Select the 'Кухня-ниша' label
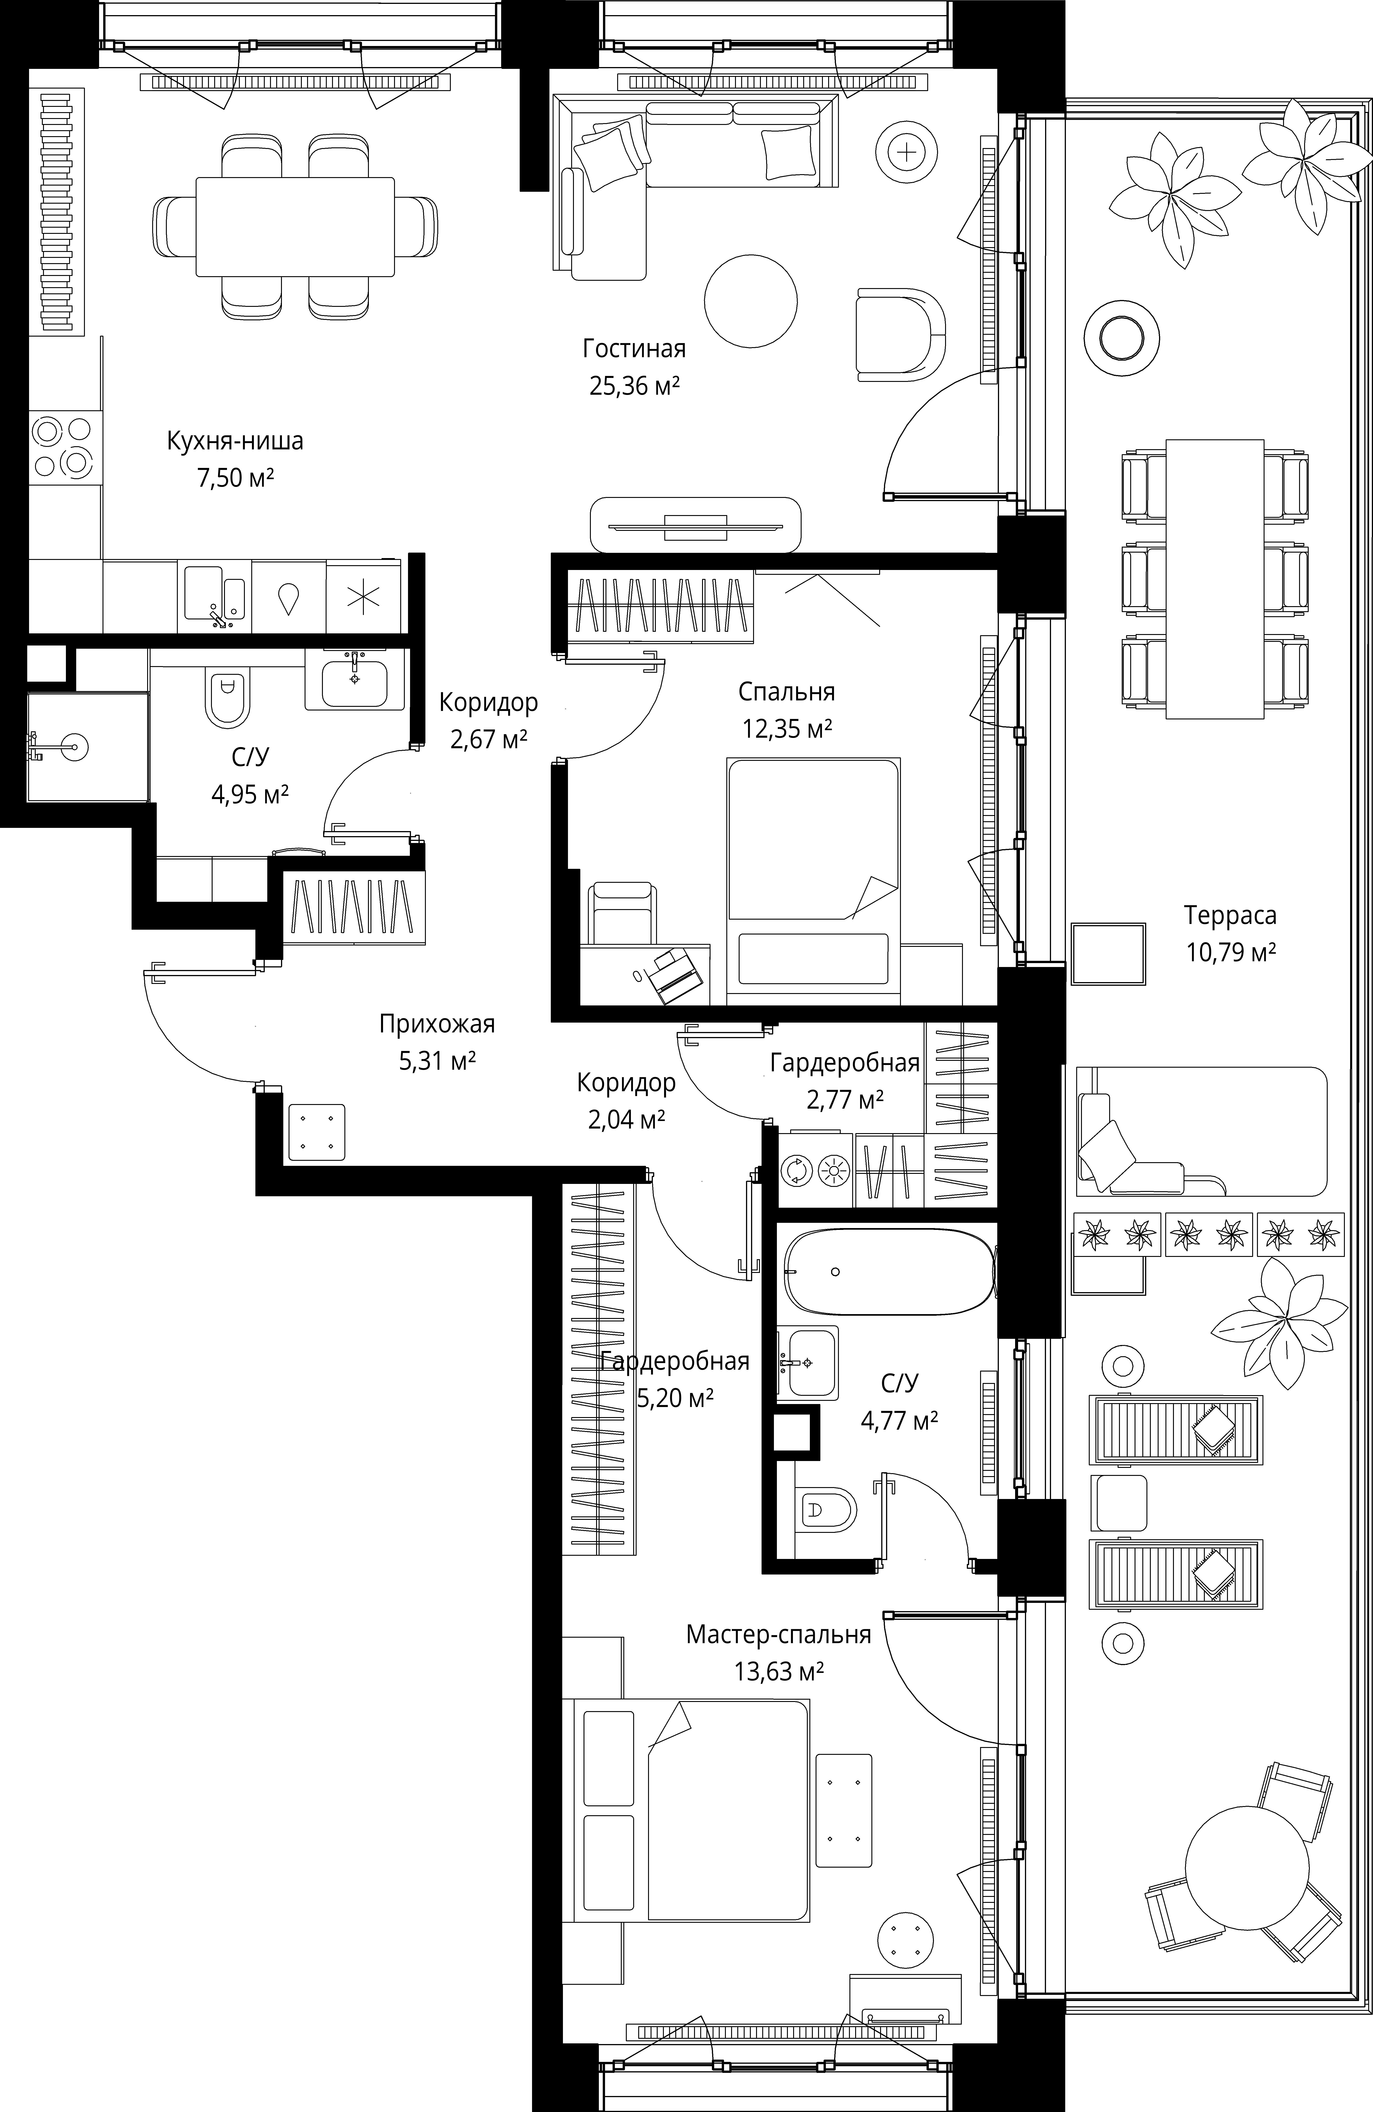click(235, 441)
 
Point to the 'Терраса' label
click(1230, 915)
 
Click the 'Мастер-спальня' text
click(778, 1634)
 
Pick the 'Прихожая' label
click(437, 1024)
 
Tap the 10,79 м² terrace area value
click(1231, 952)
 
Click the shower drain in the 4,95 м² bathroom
click(75, 747)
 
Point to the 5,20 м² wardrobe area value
click(676, 1398)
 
